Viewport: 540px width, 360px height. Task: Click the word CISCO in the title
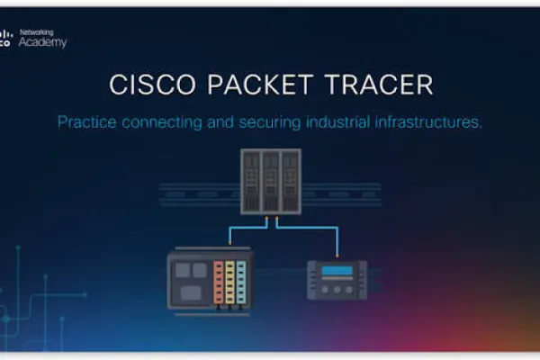153,85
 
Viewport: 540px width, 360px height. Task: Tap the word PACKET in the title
260,85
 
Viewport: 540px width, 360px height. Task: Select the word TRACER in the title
379,85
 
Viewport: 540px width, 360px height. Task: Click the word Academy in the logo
42,42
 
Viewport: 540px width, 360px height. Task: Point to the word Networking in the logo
37,32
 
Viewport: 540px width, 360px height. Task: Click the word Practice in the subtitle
86,122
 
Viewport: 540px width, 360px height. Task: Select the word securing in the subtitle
270,122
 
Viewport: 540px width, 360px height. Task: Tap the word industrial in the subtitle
338,122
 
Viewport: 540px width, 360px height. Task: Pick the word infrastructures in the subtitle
428,122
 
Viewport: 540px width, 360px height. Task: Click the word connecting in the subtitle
162,122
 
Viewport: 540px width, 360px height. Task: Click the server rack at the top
271,182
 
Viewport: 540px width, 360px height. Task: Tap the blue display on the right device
337,271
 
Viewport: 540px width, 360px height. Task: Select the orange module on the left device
219,283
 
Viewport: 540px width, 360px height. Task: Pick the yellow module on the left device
230,283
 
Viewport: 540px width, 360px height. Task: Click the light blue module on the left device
241,283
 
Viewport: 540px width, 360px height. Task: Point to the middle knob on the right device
337,290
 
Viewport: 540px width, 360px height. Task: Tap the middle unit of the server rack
271,182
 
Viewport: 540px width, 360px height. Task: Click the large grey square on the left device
191,293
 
